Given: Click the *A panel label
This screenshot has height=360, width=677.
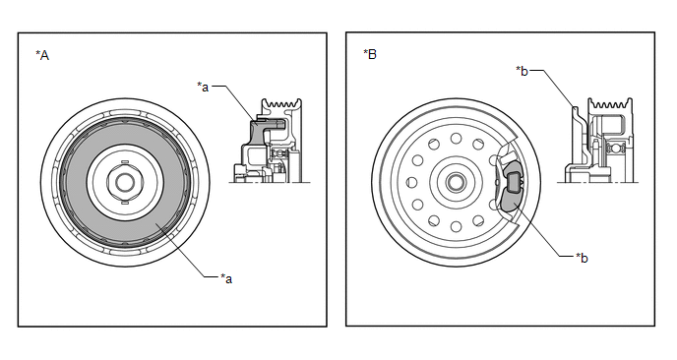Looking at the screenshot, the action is coord(42,55).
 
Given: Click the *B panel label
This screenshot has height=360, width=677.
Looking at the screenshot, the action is coord(370,54).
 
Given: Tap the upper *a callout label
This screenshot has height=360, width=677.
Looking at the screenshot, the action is coord(203,87).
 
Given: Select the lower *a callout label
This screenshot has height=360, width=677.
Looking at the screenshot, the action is coord(226,278).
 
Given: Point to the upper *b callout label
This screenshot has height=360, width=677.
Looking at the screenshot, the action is coord(522,71).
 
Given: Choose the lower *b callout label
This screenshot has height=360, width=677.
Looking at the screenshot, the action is coord(582,258).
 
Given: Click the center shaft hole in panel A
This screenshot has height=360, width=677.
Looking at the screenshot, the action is coord(125,182).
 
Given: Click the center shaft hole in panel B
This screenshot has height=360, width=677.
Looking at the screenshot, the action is coord(455,182).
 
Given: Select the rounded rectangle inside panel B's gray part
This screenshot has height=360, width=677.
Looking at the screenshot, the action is coord(514,181).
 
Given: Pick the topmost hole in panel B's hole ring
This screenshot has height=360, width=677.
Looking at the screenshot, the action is coord(456,138).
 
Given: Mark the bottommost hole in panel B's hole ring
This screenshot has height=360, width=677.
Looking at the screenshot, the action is coord(456,226).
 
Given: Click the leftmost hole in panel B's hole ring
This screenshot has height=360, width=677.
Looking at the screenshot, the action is coord(412,182).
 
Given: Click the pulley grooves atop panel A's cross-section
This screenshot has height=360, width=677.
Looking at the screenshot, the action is coord(282,104).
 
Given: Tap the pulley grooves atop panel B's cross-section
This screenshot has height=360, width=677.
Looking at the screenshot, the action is coord(610,103).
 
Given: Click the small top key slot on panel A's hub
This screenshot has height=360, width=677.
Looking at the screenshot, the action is coord(124,161).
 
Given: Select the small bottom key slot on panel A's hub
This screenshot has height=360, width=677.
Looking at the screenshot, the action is coord(124,202).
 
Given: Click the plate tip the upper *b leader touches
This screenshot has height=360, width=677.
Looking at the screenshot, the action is coord(575,107).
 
